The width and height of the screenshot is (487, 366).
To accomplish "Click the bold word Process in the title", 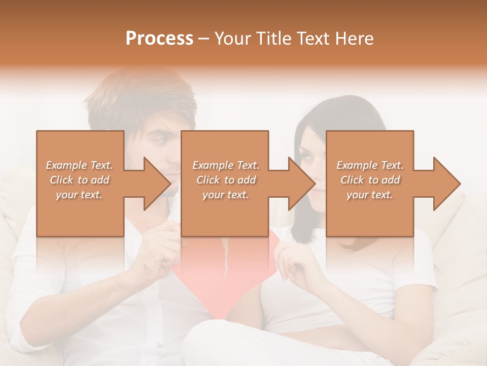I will (x=159, y=39).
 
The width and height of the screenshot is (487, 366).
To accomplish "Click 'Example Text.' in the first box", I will (x=80, y=165).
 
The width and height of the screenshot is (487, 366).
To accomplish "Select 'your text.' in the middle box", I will (x=225, y=195).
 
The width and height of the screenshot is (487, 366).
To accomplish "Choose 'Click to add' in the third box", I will (x=370, y=180).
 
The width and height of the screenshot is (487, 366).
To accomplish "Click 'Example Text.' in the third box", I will (x=370, y=165).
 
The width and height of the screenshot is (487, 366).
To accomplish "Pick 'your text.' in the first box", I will (x=80, y=195).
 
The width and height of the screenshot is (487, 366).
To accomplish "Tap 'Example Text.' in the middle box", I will (x=225, y=165).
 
